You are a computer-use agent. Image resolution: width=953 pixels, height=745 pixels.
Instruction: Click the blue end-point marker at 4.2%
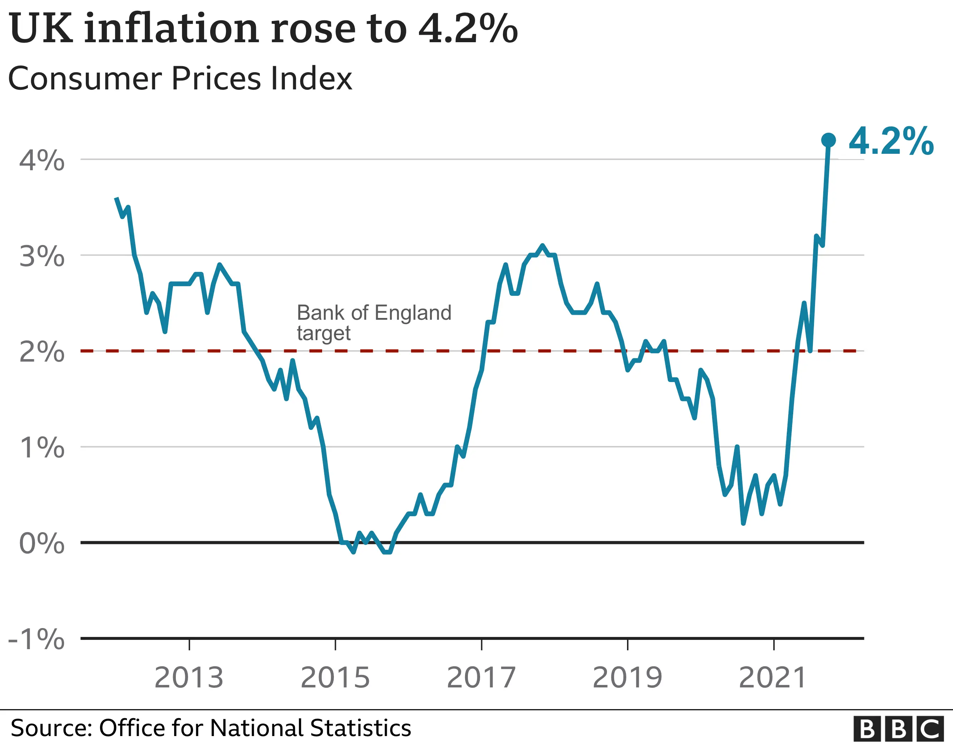coord(828,140)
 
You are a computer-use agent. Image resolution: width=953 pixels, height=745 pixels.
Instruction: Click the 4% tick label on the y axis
coord(42,160)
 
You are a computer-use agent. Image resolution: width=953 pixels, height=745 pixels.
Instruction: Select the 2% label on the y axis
coord(42,352)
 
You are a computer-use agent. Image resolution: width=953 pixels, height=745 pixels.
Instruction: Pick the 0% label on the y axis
coord(42,544)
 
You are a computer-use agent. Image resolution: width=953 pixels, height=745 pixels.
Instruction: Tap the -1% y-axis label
coord(37,639)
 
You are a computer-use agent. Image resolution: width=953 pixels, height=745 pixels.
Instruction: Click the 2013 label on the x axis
coord(189,678)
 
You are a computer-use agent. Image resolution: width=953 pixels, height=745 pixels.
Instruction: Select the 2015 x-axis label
coord(335,678)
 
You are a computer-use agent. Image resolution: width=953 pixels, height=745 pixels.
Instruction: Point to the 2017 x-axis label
coord(481,678)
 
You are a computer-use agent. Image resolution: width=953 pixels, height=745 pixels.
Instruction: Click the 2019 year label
coord(627,678)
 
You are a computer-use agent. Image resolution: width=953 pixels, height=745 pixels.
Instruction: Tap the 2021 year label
coord(773,678)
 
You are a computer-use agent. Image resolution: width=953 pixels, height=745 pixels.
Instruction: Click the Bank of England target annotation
coord(374,323)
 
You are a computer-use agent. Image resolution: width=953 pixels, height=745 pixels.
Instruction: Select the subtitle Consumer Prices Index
coord(180,79)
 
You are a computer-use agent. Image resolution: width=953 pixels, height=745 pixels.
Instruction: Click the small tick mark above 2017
coord(481,644)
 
